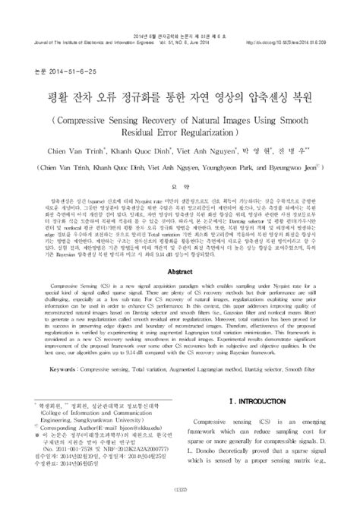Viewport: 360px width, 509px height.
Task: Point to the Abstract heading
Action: pyautogui.click(x=179, y=248)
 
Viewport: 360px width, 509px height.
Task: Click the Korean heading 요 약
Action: pyautogui.click(x=178, y=173)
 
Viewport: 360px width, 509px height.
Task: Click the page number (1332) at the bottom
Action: pyautogui.click(x=179, y=498)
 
